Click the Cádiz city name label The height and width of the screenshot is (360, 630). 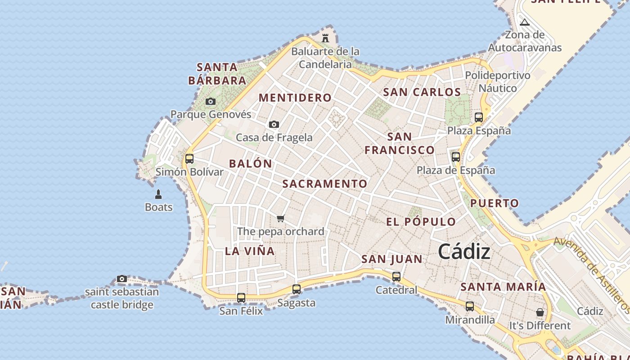pos(464,252)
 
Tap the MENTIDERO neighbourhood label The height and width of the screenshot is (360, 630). pos(295,98)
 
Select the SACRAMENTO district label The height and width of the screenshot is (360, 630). pos(325,184)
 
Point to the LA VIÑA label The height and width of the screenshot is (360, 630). pos(250,251)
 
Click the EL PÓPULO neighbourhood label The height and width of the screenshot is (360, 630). pos(421,222)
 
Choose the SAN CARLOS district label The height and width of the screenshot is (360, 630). pos(422,92)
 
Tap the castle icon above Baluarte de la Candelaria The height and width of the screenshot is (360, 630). pos(325,38)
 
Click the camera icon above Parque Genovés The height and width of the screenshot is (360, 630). pos(210,102)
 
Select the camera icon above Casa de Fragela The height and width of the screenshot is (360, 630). pos(274,125)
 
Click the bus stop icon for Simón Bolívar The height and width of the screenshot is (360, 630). pos(189,159)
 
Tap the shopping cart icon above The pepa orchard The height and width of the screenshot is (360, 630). pos(281,219)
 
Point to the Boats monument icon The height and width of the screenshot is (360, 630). pos(158,194)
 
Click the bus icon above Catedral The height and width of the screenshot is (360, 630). pos(396,277)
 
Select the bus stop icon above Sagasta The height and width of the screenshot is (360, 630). pos(296,289)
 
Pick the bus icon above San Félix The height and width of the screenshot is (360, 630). pos(241,297)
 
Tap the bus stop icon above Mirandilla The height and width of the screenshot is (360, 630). pos(470,306)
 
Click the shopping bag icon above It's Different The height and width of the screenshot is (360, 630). pos(540,312)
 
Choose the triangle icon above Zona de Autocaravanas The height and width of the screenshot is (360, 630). pos(525,22)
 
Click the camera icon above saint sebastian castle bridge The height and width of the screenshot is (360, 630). pos(121,279)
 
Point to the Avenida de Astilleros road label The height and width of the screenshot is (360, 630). pos(591,274)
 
